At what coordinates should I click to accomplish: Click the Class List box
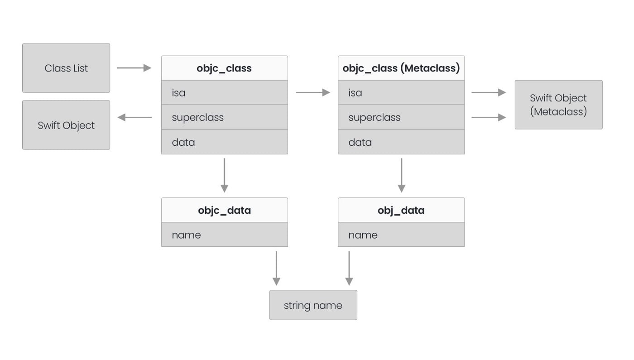click(x=66, y=68)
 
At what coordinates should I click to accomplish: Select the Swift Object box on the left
click(x=66, y=125)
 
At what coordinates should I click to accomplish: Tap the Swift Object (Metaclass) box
click(x=558, y=105)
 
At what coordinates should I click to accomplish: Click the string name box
click(x=313, y=305)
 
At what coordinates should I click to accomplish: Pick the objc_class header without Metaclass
click(x=224, y=68)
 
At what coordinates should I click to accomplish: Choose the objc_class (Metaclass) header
click(x=401, y=68)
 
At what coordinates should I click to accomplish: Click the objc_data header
click(x=224, y=210)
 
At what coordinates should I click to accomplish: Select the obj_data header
click(x=401, y=210)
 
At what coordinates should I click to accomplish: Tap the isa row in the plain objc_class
click(x=224, y=93)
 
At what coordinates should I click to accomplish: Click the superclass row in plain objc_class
click(x=224, y=117)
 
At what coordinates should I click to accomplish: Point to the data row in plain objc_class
click(x=224, y=142)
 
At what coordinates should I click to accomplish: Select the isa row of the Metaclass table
click(x=401, y=93)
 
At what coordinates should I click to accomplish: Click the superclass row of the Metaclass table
click(x=401, y=117)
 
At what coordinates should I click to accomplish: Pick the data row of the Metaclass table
click(x=401, y=142)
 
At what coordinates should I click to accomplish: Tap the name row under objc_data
click(x=224, y=235)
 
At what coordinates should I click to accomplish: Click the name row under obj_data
click(x=401, y=235)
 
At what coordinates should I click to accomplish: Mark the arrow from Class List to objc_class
click(x=134, y=68)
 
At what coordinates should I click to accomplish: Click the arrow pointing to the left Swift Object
click(x=135, y=117)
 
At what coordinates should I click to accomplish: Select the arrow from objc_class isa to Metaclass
click(x=312, y=92)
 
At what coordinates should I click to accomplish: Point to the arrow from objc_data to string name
click(x=276, y=268)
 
